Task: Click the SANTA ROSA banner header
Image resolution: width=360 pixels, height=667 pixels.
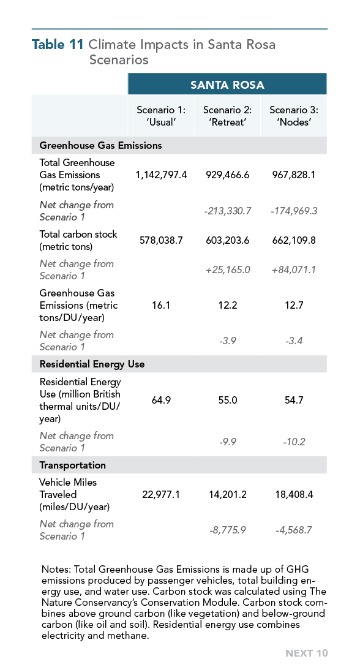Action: tap(227, 85)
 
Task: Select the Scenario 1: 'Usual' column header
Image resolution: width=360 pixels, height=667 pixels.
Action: tap(161, 116)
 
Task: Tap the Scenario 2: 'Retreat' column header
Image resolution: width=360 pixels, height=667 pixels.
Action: tap(227, 116)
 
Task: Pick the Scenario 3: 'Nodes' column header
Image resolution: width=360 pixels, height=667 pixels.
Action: tap(294, 116)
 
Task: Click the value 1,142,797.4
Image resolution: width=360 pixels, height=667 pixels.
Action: tap(161, 175)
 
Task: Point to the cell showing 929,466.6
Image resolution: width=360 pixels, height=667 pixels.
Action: tap(227, 175)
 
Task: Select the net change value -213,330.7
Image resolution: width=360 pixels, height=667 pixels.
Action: tap(227, 211)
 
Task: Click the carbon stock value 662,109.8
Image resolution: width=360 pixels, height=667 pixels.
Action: tap(294, 240)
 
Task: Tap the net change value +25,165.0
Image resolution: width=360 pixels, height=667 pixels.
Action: tap(227, 269)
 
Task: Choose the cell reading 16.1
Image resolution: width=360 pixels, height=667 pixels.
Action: tap(161, 306)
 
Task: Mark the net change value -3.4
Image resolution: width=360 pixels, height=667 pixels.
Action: tap(294, 341)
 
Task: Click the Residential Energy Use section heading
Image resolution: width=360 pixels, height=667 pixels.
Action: tap(92, 364)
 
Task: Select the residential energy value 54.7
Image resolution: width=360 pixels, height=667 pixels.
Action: tap(294, 401)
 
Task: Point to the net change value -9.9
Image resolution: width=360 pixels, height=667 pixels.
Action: tap(227, 442)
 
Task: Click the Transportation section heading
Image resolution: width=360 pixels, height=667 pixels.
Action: tap(72, 465)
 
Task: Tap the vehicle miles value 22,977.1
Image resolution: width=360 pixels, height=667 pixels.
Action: tap(161, 495)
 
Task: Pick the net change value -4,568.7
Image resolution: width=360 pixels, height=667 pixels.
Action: tap(294, 530)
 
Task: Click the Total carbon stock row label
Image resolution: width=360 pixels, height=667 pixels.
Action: tap(78, 240)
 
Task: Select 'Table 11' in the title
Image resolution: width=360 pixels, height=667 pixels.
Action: tap(58, 45)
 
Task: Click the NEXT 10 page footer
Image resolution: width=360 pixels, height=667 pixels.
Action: tap(307, 654)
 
